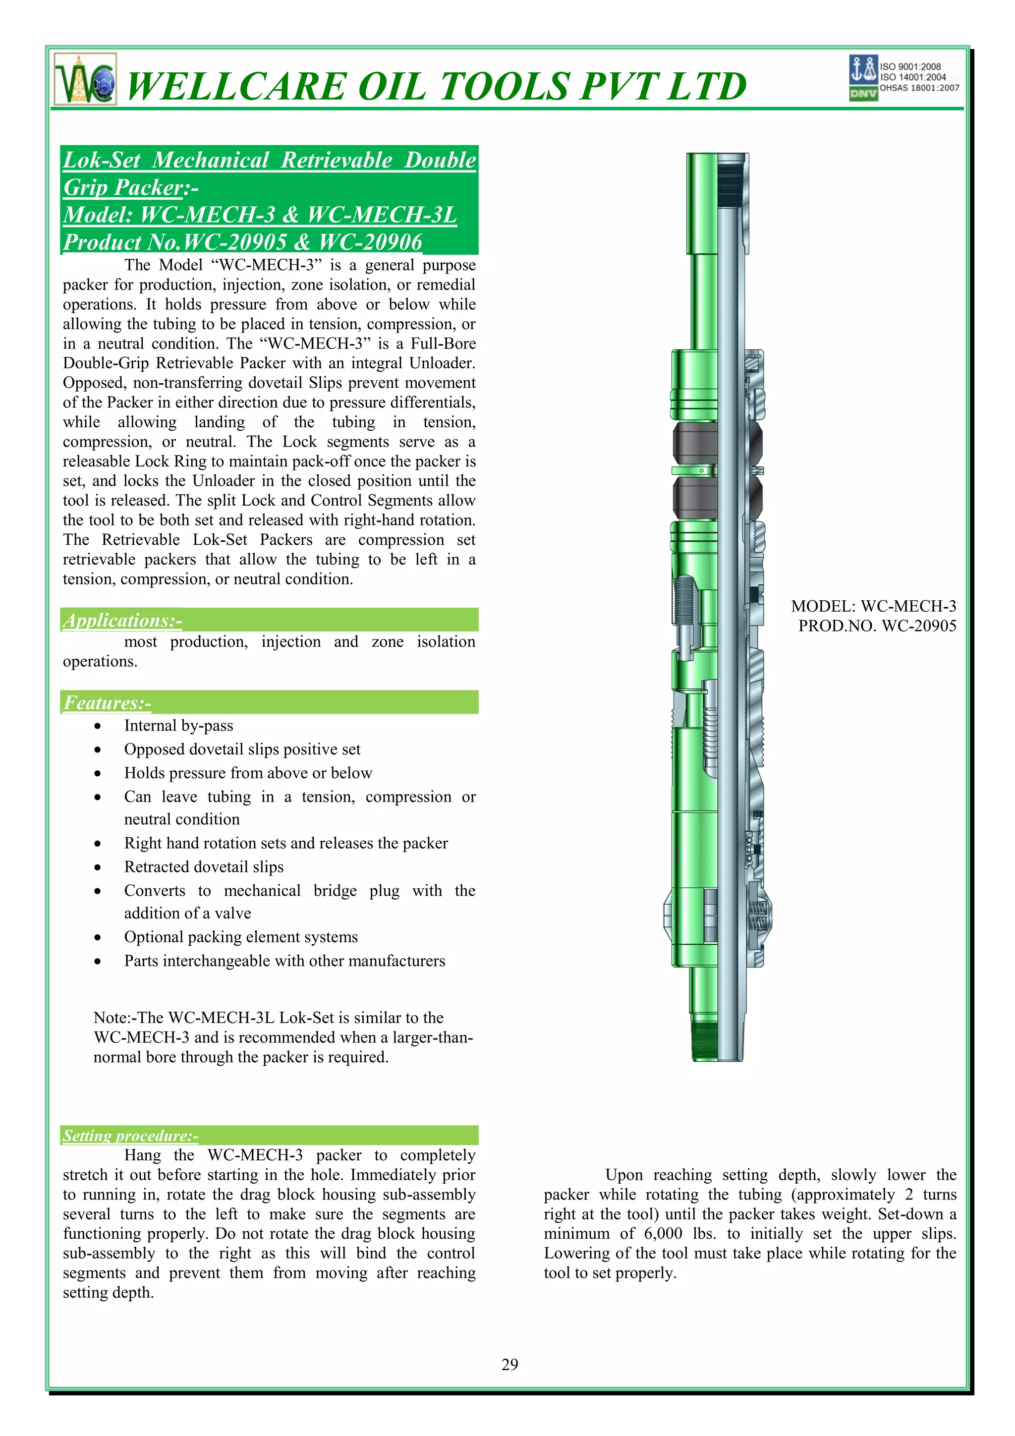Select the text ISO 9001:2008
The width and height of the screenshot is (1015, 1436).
(x=910, y=66)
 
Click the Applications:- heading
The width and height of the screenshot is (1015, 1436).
(x=122, y=621)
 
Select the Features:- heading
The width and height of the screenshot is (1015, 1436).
(x=107, y=703)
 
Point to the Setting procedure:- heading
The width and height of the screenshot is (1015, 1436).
(x=130, y=1135)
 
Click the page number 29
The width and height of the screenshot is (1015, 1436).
(x=509, y=1364)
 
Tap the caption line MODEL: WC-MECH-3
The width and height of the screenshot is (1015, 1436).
(x=873, y=606)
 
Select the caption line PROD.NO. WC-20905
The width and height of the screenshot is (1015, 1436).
(x=877, y=626)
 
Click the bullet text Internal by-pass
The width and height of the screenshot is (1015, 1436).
(x=178, y=726)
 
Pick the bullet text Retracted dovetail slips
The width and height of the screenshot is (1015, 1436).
(x=203, y=867)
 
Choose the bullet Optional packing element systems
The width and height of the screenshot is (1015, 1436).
(x=241, y=937)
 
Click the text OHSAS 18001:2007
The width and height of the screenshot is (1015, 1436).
(x=919, y=88)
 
